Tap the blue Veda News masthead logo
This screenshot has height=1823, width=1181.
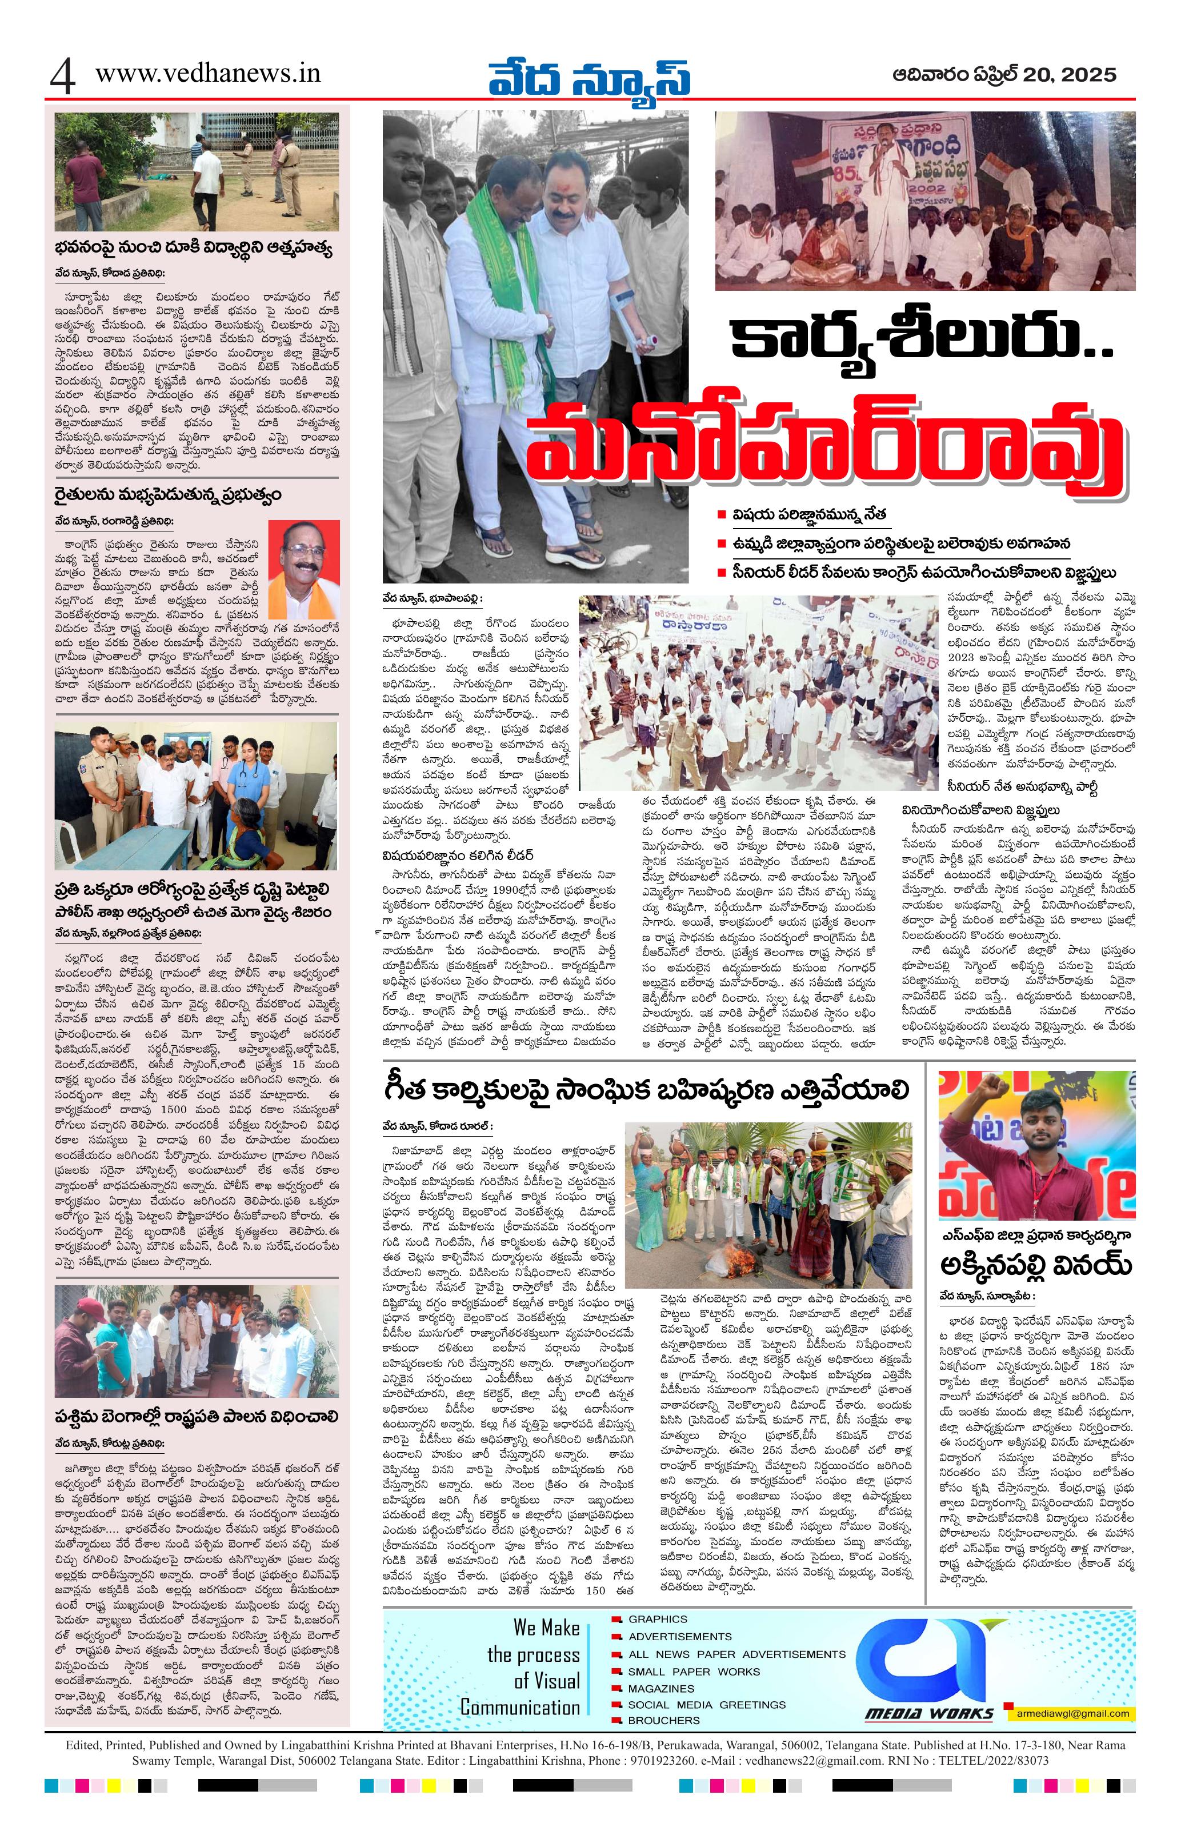(x=589, y=76)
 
